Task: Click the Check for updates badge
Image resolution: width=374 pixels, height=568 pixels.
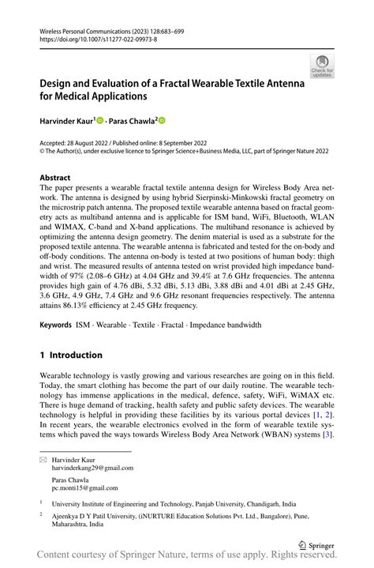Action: pos(321,67)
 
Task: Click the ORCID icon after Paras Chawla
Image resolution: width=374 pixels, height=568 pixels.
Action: pos(163,120)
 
